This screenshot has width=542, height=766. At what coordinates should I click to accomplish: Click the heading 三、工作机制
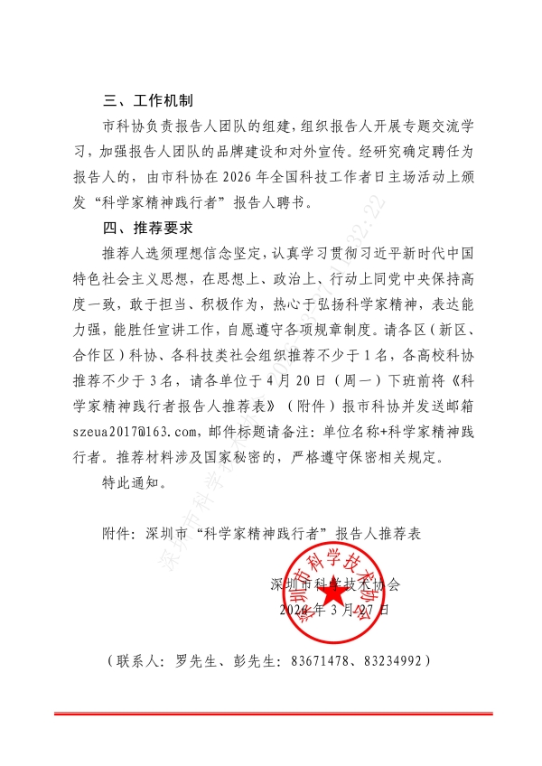pos(148,100)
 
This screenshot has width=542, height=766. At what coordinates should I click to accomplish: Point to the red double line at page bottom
pos(271,714)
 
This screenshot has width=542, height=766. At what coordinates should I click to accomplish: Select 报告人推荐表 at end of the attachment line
pos(378,534)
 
